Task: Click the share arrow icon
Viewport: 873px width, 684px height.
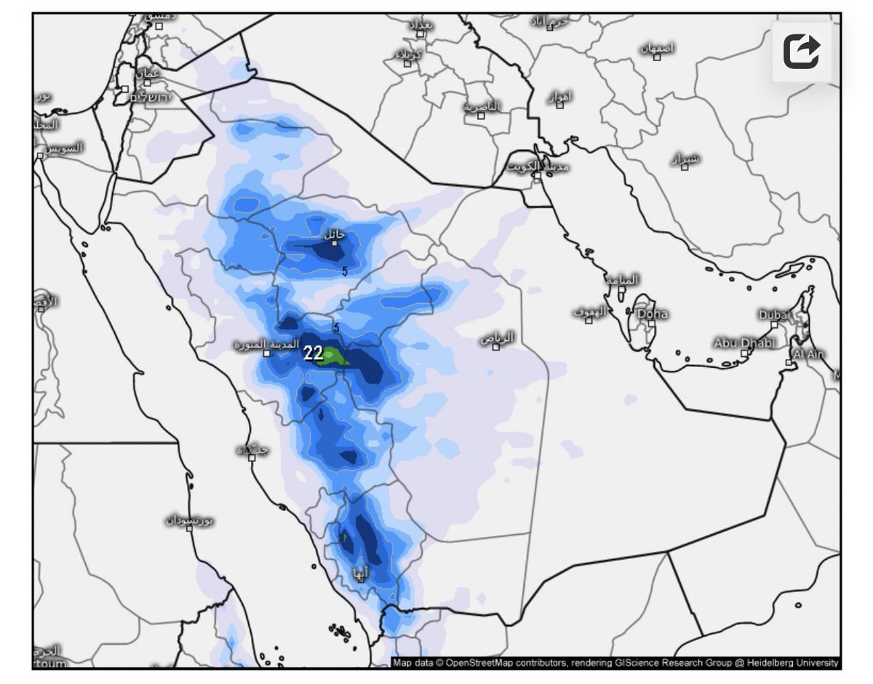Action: pyautogui.click(x=802, y=52)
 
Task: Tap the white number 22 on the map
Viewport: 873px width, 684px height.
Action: pyautogui.click(x=313, y=354)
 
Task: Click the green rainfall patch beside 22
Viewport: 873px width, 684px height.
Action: pyautogui.click(x=334, y=356)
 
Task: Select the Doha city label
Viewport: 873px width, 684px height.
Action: pyautogui.click(x=652, y=315)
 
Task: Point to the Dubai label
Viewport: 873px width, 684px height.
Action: pyautogui.click(x=773, y=315)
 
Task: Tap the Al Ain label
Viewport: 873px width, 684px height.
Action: pyautogui.click(x=808, y=354)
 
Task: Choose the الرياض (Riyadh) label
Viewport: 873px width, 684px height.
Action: pyautogui.click(x=498, y=338)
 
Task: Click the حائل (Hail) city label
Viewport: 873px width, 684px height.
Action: pyautogui.click(x=334, y=235)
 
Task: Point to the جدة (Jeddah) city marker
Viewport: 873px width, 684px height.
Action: pyautogui.click(x=252, y=457)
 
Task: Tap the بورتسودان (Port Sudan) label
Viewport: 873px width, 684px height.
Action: pyautogui.click(x=188, y=520)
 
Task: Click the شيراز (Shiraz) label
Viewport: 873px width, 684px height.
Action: pyautogui.click(x=685, y=158)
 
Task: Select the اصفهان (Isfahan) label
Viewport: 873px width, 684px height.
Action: pyautogui.click(x=657, y=48)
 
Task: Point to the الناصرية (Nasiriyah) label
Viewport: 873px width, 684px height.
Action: pyautogui.click(x=482, y=107)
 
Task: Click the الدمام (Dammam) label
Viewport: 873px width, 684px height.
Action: pyautogui.click(x=622, y=280)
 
